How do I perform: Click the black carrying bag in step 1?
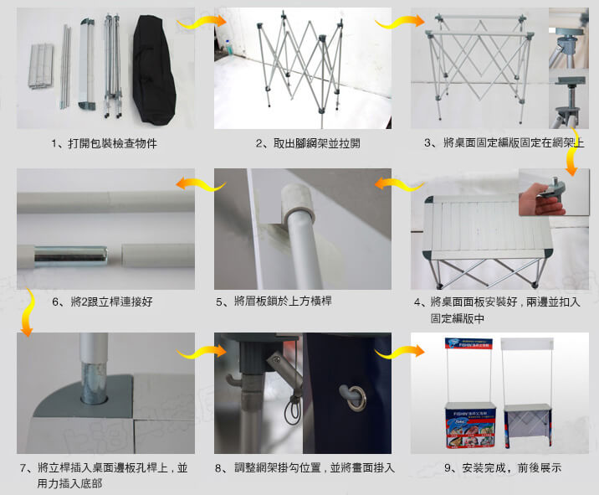pos(154,70)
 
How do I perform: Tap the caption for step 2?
pos(308,143)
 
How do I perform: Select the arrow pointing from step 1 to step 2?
pos(202,21)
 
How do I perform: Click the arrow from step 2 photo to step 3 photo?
pos(400,22)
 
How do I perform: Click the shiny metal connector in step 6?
pos(71,255)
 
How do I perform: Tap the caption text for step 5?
pos(274,302)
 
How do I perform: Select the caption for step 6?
pos(102,302)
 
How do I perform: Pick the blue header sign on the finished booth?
pos(468,343)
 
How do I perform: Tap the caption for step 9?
pos(503,467)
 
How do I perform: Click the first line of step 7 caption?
pos(104,468)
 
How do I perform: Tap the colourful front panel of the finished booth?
pos(469,427)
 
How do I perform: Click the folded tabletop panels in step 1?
pos(41,66)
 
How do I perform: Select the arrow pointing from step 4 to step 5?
pos(399,184)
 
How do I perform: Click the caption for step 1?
pos(105,143)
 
